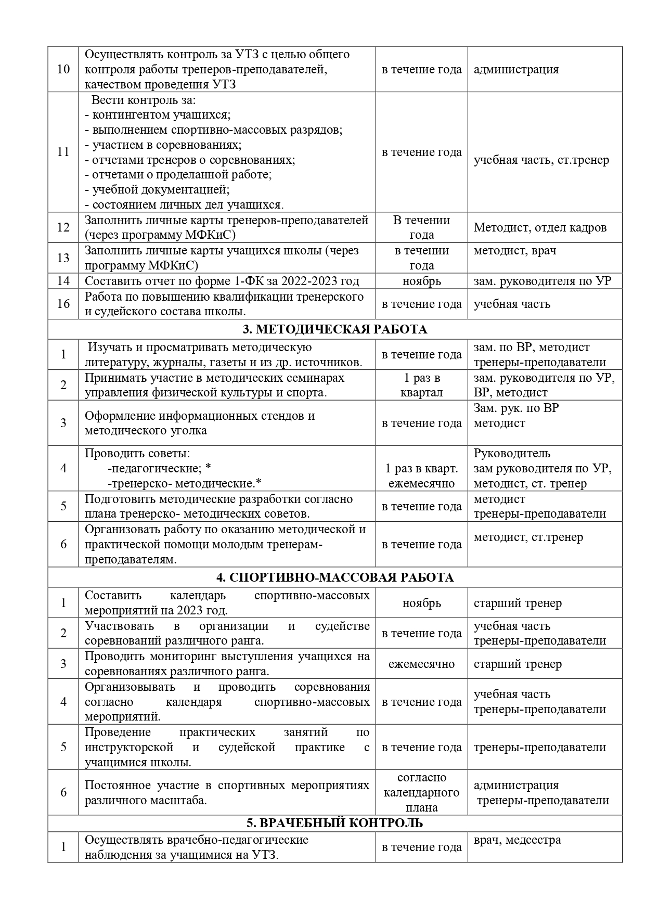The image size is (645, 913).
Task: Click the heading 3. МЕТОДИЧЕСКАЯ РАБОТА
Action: [334, 329]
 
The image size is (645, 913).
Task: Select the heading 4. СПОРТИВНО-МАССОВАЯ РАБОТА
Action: [334, 577]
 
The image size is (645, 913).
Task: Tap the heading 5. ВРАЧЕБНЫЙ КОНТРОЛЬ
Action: [334, 823]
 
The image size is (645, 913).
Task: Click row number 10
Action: [63, 69]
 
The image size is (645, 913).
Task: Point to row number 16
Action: [63, 304]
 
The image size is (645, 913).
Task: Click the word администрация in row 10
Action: [516, 69]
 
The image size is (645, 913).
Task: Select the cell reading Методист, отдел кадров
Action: [540, 227]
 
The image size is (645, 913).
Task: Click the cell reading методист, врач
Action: [514, 250]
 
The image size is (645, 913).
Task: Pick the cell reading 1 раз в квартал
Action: [421, 385]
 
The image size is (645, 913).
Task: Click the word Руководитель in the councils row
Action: [512, 454]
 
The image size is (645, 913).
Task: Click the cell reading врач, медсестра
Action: [517, 840]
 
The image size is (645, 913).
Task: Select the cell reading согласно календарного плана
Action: [421, 792]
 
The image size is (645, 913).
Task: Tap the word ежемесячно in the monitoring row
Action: [421, 664]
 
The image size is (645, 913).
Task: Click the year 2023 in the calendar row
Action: [191, 610]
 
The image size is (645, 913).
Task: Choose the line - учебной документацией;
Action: [157, 189]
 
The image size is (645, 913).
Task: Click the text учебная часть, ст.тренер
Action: [541, 160]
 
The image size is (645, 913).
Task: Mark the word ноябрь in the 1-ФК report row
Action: [421, 281]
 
